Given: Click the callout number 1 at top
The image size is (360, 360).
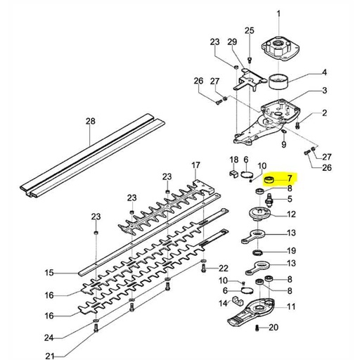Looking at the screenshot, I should (x=277, y=13).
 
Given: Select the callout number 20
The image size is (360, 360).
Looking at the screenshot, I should (x=274, y=328).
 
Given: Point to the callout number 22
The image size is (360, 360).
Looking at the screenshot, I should (x=224, y=269).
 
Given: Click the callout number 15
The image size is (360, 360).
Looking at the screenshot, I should (x=49, y=273).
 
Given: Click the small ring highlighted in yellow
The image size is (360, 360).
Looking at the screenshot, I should (x=267, y=181).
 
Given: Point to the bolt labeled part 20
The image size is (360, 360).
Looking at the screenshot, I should (x=258, y=328).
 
